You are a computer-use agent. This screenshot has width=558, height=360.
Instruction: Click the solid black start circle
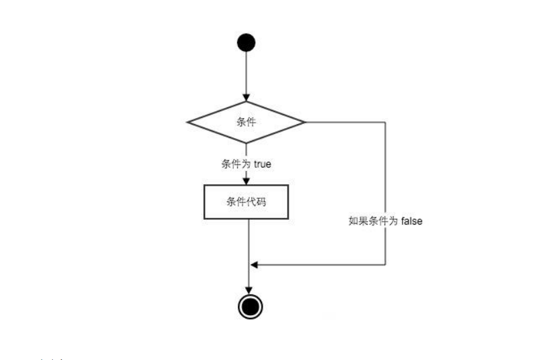(246, 43)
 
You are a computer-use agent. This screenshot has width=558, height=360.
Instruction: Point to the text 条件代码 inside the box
(246, 201)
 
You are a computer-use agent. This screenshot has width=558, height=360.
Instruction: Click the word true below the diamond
(263, 164)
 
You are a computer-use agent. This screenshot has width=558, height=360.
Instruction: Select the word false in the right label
(412, 221)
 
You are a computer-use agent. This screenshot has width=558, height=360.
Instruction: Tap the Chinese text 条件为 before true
(236, 164)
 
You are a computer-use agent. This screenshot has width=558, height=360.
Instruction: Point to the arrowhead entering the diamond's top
(246, 99)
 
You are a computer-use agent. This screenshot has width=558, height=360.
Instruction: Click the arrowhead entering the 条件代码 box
(246, 180)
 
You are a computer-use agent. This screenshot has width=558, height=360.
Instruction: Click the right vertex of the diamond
(305, 122)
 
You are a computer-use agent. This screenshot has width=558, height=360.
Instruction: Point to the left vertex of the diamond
(187, 122)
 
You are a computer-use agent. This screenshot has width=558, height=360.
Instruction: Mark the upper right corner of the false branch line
(385, 122)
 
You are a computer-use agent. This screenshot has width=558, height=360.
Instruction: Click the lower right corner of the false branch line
(385, 265)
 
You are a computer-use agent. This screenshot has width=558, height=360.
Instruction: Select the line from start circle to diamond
(246, 74)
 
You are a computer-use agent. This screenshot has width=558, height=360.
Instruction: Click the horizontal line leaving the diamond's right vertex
(345, 122)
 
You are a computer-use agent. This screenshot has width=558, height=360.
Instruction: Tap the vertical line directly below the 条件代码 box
(250, 241)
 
